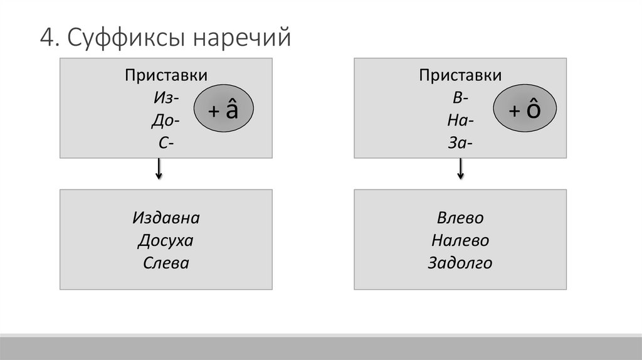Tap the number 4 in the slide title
pos(45,38)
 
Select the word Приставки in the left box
pos(166,76)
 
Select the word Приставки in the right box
pos(460,76)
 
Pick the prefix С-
pos(166,143)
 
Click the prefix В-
pos(460,98)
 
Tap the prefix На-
pos(460,120)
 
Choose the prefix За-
pos(460,143)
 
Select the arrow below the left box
pos(160,169)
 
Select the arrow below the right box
pos(461,169)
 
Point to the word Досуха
pos(166,240)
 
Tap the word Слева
pos(166,263)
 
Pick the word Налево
pos(460,240)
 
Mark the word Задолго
pos(460,263)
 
